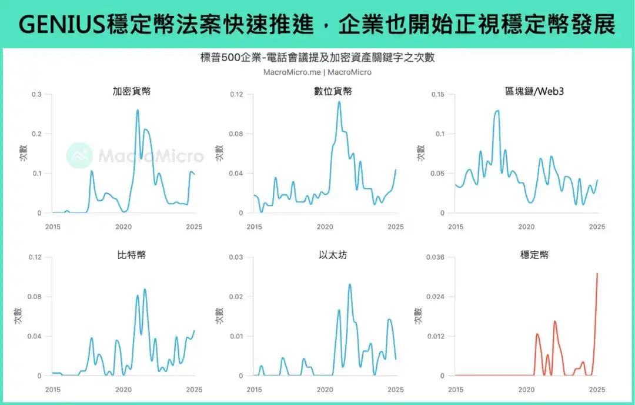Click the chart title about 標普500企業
pos(317,58)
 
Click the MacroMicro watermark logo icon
pos(79,155)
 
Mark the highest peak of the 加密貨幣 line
pos(138,110)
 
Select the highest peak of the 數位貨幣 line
pos(339,102)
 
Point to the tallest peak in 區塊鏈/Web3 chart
pos(497,111)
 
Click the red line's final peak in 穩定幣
pos(597,273)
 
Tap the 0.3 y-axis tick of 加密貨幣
pos(36,94)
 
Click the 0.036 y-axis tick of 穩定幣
pos(436,257)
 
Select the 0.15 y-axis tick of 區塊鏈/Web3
pos(439,94)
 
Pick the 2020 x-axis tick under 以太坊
pos(325,390)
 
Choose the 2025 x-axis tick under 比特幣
pos(194,390)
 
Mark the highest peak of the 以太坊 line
pos(350,284)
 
